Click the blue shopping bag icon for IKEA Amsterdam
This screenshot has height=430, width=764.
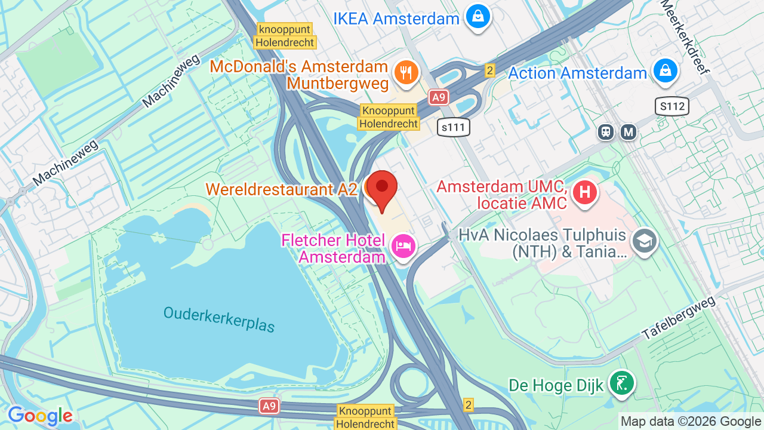(478, 17)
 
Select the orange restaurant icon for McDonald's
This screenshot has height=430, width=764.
(406, 73)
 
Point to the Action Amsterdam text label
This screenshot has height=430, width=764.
(577, 73)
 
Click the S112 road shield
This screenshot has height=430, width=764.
(672, 107)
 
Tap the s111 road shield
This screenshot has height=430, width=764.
(453, 127)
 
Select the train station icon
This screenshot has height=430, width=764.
(606, 132)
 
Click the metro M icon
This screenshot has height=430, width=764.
(628, 132)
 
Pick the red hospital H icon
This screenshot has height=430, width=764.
(585, 192)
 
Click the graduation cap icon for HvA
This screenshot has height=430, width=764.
(645, 241)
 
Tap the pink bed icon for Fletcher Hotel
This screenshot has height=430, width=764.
(403, 245)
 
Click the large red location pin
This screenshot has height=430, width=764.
(381, 188)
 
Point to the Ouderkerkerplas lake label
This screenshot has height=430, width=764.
(219, 320)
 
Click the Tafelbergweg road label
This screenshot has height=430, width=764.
(679, 319)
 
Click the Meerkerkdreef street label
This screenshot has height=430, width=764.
(686, 36)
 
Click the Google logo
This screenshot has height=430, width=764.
(40, 416)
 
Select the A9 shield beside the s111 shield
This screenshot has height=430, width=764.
(439, 97)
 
